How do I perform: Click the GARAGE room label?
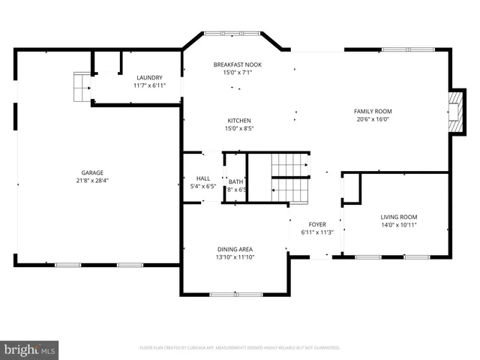[x=93, y=172]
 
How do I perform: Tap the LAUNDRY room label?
[x=148, y=77]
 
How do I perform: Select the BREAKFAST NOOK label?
[x=237, y=64]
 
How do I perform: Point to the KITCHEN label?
[x=239, y=120]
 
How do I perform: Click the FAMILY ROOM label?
[x=373, y=111]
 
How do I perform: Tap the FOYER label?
[x=317, y=223]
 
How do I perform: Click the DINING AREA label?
[x=235, y=250]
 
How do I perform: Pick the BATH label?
[x=235, y=181]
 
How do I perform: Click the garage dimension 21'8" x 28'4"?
[x=93, y=180]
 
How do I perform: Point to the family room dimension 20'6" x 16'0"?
[x=373, y=119]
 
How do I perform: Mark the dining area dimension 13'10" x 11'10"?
[x=235, y=258]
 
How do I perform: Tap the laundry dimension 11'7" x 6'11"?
[x=148, y=85]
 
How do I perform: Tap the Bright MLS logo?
[x=29, y=349]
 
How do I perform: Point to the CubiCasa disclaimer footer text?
[x=240, y=348]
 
